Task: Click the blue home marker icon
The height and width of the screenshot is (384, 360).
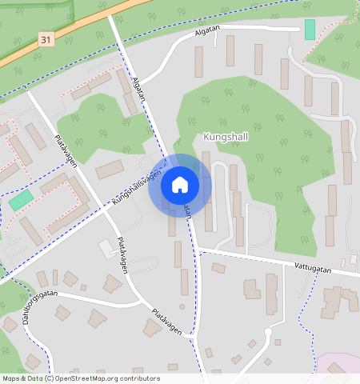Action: click(180, 185)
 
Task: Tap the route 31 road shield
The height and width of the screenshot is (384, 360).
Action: click(46, 39)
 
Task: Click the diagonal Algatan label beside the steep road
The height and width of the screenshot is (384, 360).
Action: click(140, 89)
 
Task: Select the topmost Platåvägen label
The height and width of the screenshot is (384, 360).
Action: click(65, 150)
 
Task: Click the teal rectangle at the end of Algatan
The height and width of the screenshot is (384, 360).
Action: click(310, 30)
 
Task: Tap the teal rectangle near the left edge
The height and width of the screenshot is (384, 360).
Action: click(22, 200)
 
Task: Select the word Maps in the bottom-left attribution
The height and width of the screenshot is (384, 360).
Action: click(11, 378)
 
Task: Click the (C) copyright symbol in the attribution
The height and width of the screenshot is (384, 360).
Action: click(49, 378)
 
